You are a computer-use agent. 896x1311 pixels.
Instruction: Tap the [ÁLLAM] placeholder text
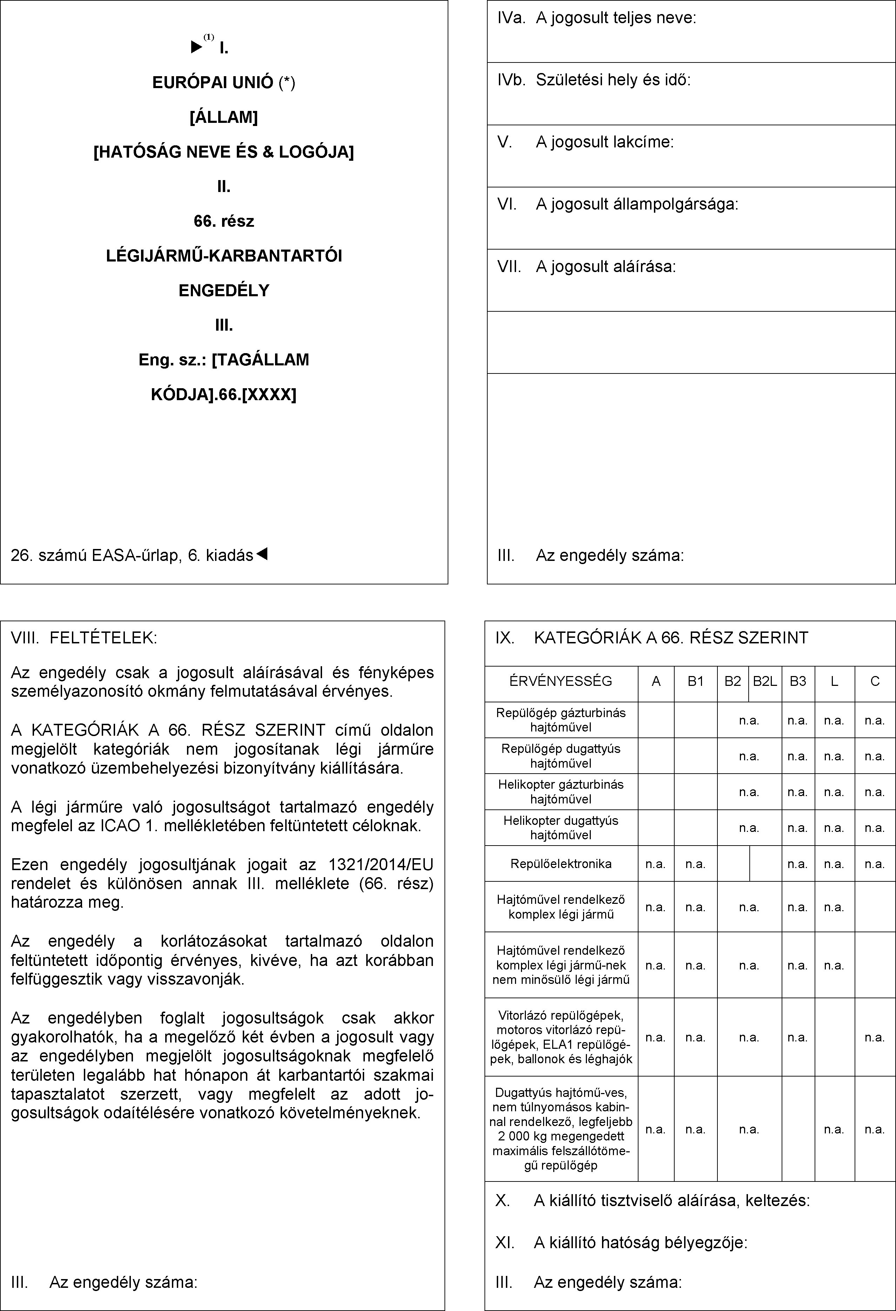click(x=224, y=117)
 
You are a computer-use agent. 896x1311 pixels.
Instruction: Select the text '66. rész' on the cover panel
click(x=224, y=221)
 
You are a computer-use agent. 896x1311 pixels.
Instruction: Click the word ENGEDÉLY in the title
click(x=224, y=291)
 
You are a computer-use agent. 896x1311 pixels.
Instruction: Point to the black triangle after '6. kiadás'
click(x=262, y=555)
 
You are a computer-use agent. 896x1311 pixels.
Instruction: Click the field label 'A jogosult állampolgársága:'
click(x=637, y=204)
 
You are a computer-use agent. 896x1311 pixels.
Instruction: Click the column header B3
click(x=798, y=681)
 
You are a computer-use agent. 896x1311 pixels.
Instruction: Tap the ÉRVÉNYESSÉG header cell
click(x=561, y=681)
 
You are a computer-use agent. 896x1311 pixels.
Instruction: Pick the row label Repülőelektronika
click(x=561, y=864)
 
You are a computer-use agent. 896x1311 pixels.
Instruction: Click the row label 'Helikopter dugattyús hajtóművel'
click(x=561, y=828)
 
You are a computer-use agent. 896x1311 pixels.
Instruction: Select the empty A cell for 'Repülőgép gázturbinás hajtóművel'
click(x=656, y=720)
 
